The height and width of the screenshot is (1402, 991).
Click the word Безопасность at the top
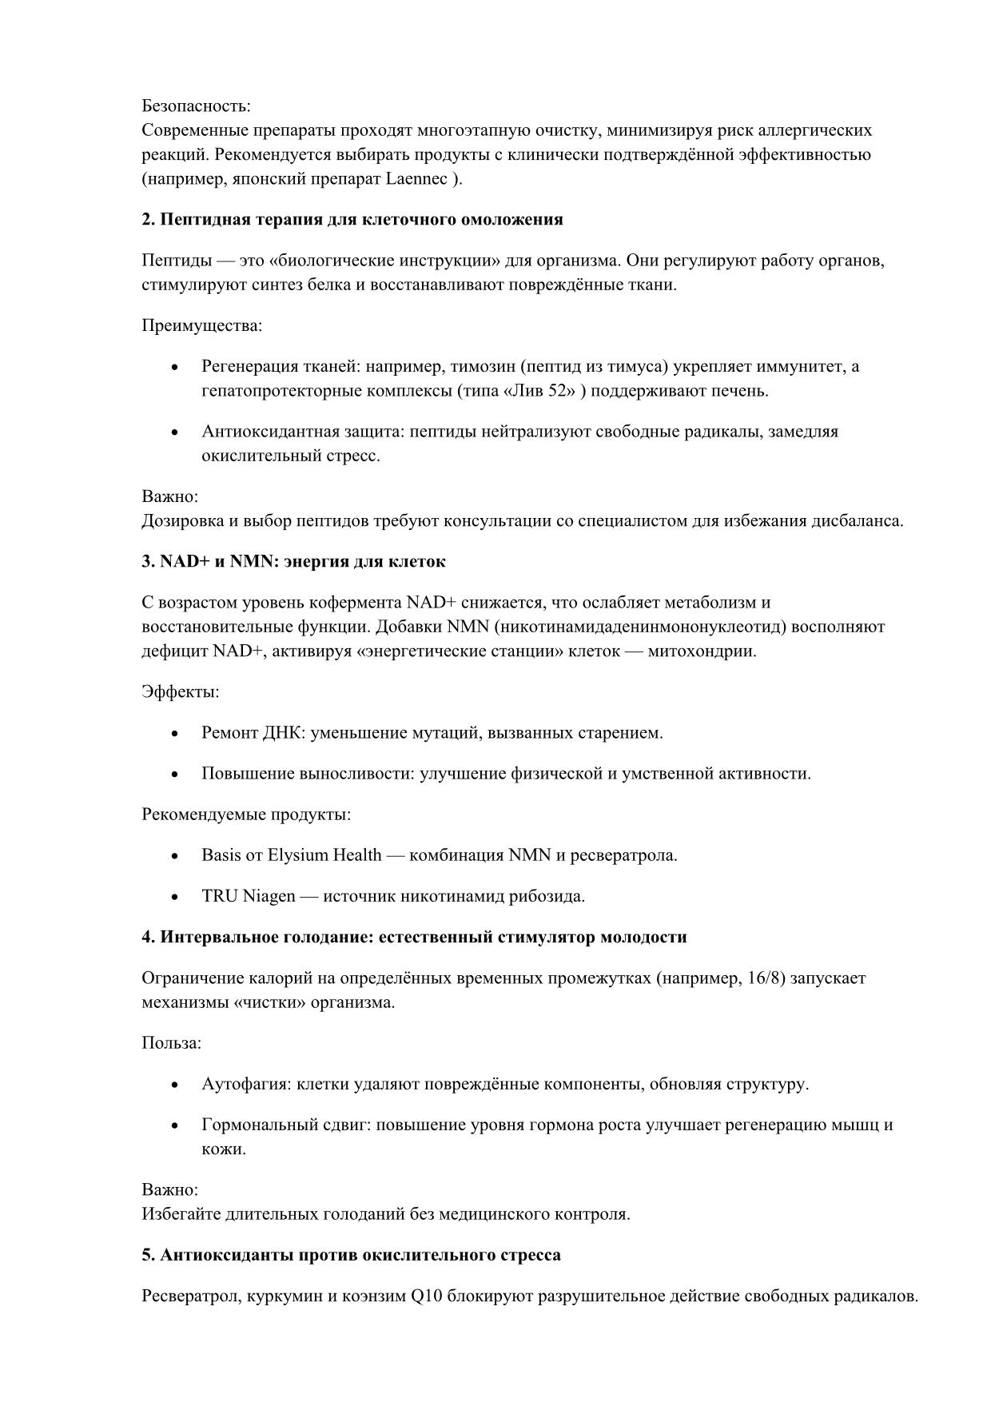point(195,106)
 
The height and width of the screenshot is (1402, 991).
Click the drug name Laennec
point(416,179)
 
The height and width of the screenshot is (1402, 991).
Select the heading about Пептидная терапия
point(352,220)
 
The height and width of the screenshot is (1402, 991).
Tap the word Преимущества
point(201,325)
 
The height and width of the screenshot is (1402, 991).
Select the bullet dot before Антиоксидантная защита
point(175,432)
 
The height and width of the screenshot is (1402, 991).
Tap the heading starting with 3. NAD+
point(293,562)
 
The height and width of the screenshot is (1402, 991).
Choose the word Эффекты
point(180,691)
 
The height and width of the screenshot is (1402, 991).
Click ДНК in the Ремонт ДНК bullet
point(283,733)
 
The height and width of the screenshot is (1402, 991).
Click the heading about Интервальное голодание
point(414,937)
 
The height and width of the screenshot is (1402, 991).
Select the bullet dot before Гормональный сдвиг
point(175,1126)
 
